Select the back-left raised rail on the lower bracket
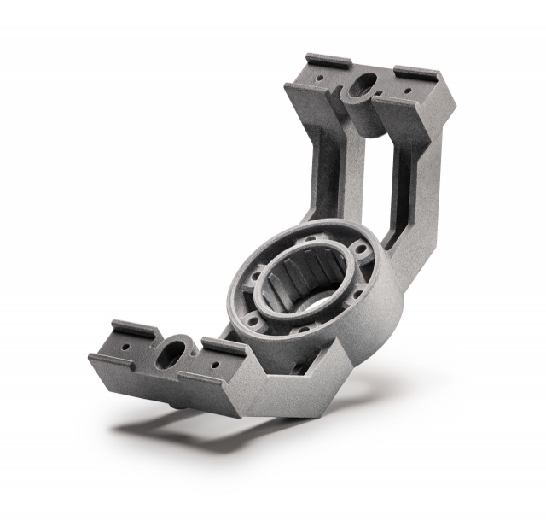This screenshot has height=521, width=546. tap(136, 327)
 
